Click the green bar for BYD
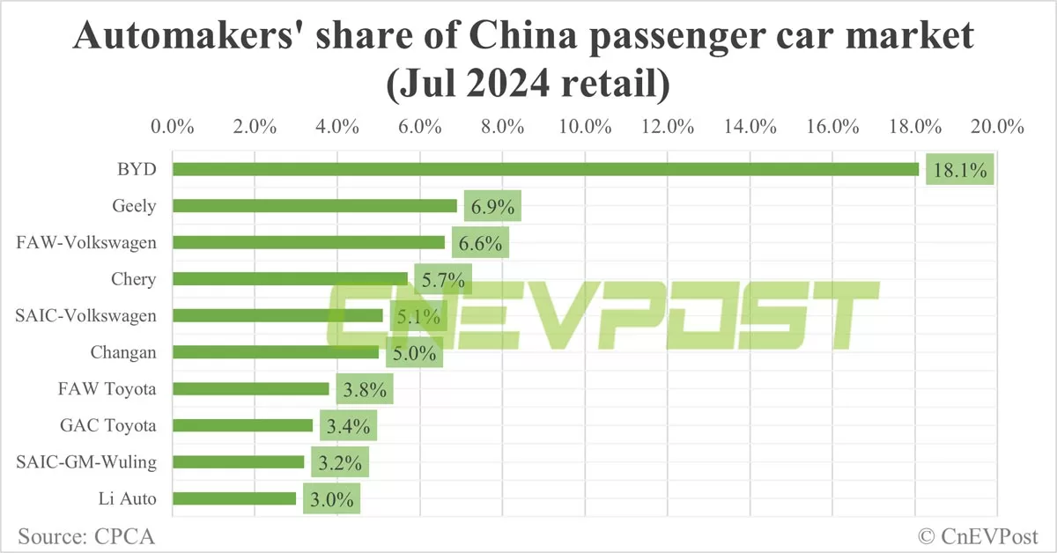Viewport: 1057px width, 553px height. [x=545, y=169]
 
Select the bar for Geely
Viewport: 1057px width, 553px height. [x=314, y=206]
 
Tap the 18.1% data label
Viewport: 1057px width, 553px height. [x=959, y=169]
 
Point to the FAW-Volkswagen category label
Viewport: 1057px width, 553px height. [x=86, y=242]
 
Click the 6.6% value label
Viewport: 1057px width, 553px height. [x=481, y=242]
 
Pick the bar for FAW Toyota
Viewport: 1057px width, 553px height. [x=251, y=388]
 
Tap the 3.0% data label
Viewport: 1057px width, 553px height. [x=331, y=499]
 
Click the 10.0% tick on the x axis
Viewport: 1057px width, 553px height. [x=585, y=126]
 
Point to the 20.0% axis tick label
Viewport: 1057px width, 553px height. [x=997, y=126]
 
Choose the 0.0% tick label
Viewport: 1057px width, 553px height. [x=173, y=126]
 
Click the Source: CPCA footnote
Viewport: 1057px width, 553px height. [x=79, y=535]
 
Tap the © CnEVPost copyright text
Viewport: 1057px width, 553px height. [x=978, y=535]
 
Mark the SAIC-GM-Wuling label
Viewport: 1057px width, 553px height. [x=86, y=461]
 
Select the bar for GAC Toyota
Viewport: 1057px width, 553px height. [x=242, y=425]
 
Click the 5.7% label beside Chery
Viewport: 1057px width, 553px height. [x=443, y=279]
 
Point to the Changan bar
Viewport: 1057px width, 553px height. [x=276, y=352]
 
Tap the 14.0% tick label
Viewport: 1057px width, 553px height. [x=750, y=126]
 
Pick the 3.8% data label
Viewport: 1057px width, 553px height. [x=364, y=389]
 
